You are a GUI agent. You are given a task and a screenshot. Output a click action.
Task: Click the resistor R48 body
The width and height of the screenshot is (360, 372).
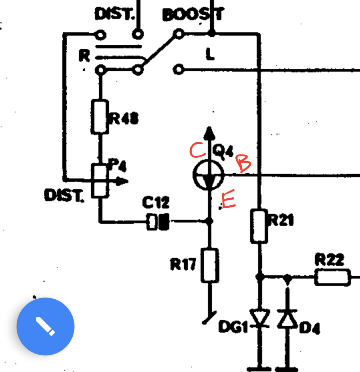pos(99,117)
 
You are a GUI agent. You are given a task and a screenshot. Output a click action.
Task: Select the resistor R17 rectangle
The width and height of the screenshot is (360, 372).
pos(210,265)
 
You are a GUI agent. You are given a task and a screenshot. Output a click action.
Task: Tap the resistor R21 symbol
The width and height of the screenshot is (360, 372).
pos(259,226)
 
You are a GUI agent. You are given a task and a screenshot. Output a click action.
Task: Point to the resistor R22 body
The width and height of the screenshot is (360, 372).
pos(332,278)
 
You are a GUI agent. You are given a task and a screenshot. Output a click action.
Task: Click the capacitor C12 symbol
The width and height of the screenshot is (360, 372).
pos(158,222)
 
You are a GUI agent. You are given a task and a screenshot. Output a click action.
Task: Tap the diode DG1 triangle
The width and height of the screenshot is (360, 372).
pos(260,319)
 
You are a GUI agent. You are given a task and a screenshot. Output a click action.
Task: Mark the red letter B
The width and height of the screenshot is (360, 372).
pos(243,163)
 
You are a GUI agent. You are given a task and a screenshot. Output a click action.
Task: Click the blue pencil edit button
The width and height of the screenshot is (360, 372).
pos(45,326)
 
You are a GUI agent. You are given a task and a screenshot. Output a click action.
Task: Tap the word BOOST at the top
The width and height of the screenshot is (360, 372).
pos(193,15)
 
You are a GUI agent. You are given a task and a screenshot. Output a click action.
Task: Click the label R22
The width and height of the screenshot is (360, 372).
pos(329,260)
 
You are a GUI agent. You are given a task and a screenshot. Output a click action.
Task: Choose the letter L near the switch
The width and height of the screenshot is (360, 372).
pos(210,54)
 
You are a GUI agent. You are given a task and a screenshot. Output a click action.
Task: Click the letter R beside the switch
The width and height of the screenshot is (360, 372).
pos(84,55)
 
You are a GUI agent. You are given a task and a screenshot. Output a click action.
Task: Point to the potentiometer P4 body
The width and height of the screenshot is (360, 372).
pos(99,181)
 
